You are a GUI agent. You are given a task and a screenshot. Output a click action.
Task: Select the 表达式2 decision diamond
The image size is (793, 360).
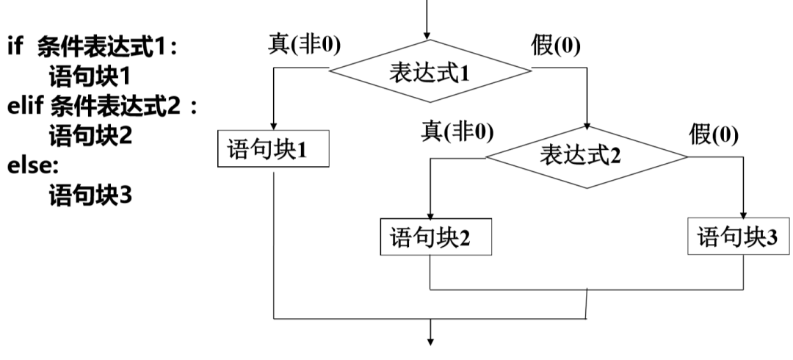coord(587,155)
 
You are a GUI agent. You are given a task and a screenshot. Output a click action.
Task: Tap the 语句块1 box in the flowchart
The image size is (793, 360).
coord(273,150)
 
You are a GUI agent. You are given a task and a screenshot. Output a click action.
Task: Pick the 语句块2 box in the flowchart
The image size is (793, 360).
coord(430,237)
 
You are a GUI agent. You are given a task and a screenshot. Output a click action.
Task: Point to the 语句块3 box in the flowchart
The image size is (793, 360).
coord(740,237)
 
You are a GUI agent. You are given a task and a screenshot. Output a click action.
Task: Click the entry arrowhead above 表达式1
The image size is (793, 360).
coord(430,35)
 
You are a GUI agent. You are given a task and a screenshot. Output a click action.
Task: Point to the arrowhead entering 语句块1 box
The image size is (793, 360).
coord(273,128)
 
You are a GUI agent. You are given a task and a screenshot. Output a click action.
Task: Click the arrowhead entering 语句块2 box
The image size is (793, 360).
coord(430,214)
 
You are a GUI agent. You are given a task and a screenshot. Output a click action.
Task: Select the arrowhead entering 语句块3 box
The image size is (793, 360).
coord(744,214)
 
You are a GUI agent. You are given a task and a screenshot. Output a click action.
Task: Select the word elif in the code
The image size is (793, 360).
coord(26,106)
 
